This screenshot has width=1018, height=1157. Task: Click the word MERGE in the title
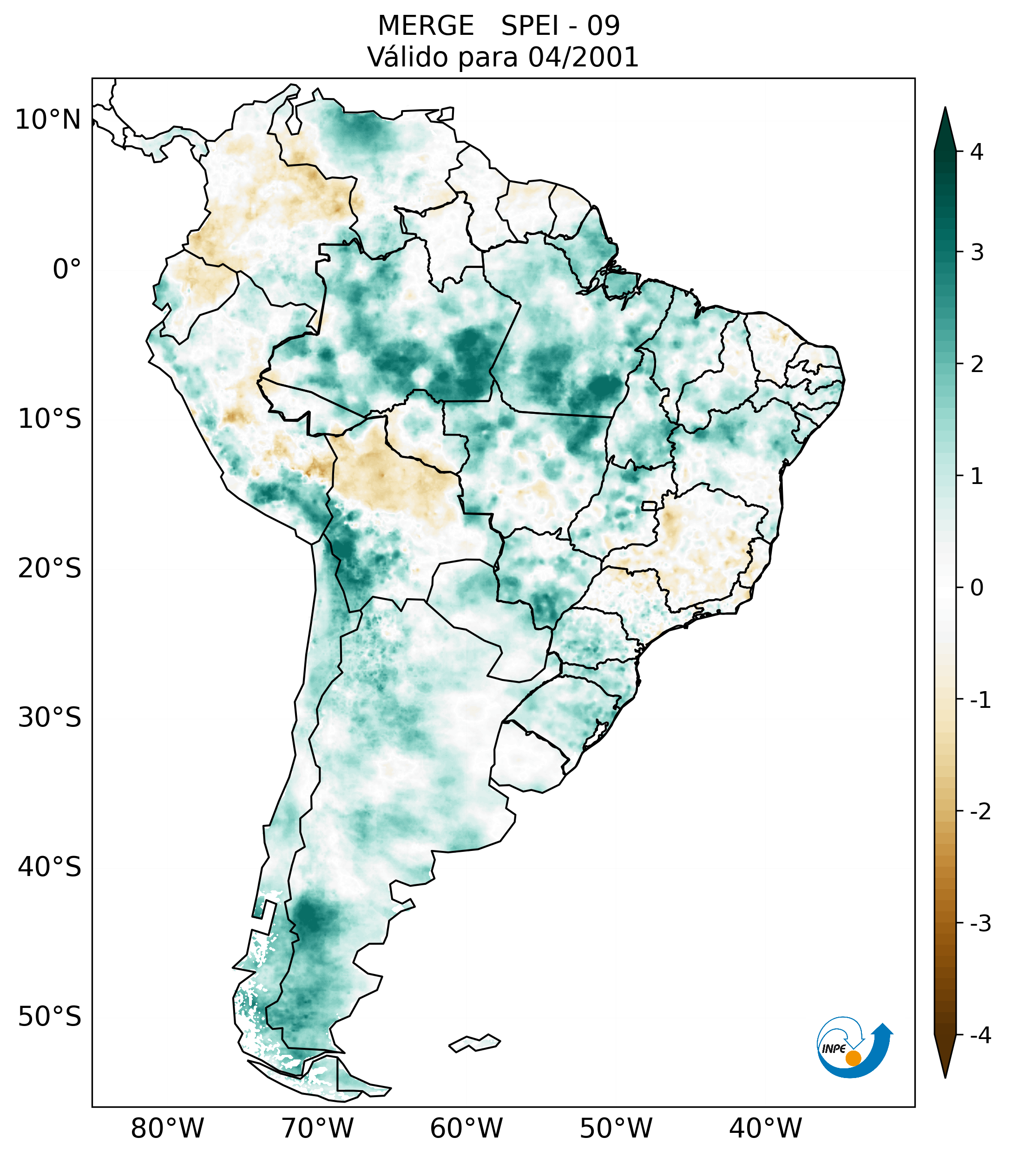(426, 26)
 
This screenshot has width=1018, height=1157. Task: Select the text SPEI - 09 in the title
(560, 26)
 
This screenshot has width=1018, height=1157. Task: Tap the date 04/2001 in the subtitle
(583, 57)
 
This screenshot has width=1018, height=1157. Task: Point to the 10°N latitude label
(48, 120)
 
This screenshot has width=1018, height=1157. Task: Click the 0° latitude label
(67, 269)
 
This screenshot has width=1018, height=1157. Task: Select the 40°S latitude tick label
(50, 867)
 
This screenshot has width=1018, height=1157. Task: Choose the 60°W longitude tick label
(466, 1128)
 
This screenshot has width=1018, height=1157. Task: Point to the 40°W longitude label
(766, 1128)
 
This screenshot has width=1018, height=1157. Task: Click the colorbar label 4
(977, 152)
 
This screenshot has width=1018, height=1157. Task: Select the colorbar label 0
(977, 588)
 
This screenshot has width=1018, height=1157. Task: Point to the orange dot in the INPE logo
(853, 1058)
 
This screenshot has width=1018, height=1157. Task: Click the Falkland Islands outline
(474, 1043)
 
